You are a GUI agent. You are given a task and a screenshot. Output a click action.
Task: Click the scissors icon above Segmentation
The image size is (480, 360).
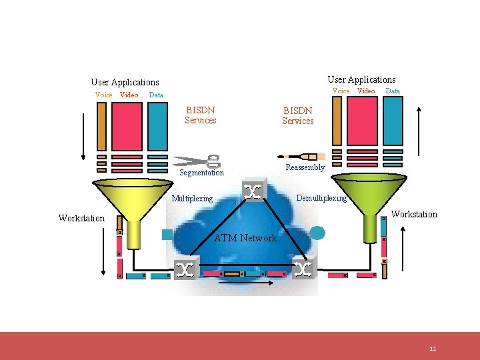(197, 161)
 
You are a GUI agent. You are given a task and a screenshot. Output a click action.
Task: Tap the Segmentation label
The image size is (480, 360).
(202, 173)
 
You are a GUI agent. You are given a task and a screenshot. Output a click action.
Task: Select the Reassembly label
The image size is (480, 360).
(305, 167)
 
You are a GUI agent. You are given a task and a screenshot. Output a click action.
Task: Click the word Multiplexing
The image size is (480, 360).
(193, 198)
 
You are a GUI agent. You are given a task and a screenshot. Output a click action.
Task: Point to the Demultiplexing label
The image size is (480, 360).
(321, 198)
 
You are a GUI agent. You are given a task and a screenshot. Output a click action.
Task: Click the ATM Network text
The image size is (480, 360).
(245, 238)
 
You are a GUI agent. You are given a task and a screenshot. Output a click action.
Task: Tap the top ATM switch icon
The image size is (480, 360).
(253, 191)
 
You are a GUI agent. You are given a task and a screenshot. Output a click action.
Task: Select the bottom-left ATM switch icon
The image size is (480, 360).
(186, 269)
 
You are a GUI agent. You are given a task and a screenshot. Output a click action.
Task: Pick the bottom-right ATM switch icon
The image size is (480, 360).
(303, 269)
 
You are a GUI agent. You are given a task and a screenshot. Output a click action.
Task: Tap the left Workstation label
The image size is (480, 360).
(81, 218)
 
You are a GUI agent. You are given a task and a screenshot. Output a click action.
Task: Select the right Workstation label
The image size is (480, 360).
(414, 214)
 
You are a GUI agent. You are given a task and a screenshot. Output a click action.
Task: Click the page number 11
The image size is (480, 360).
(433, 349)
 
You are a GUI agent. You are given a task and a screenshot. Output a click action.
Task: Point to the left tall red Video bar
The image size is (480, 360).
(127, 126)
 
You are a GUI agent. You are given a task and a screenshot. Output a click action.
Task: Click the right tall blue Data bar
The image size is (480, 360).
(393, 121)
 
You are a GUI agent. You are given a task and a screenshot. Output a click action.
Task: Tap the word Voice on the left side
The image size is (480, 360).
(104, 95)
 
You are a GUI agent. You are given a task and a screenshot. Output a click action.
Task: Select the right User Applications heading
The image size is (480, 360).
(361, 79)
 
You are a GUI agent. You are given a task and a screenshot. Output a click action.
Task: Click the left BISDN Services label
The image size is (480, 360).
(201, 114)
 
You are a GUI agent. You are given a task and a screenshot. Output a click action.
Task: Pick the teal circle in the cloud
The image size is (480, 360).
(319, 233)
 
